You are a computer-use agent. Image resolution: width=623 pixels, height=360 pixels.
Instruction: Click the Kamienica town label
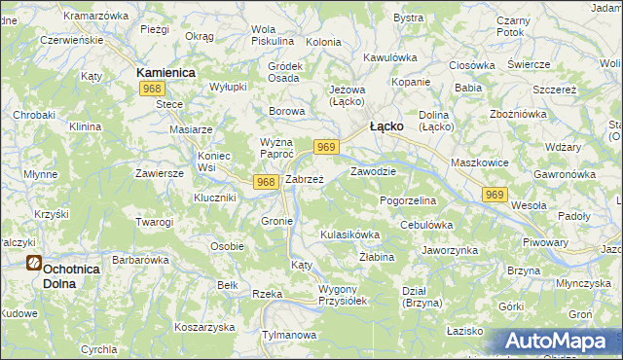(165, 73)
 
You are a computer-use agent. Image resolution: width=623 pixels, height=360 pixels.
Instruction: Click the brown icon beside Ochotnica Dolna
(34, 263)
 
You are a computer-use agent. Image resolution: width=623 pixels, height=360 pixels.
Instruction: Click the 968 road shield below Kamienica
(151, 90)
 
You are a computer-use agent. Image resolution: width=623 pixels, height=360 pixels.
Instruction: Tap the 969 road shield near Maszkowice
(494, 196)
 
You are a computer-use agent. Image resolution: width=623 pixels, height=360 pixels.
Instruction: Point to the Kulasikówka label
(349, 235)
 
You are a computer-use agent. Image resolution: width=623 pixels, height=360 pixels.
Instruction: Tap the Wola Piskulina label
(272, 35)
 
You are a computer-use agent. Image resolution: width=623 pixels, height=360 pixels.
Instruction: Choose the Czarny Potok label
(511, 26)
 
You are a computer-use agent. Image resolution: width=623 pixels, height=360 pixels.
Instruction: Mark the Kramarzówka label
(96, 16)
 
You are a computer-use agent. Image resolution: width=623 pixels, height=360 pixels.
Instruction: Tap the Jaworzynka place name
(449, 250)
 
